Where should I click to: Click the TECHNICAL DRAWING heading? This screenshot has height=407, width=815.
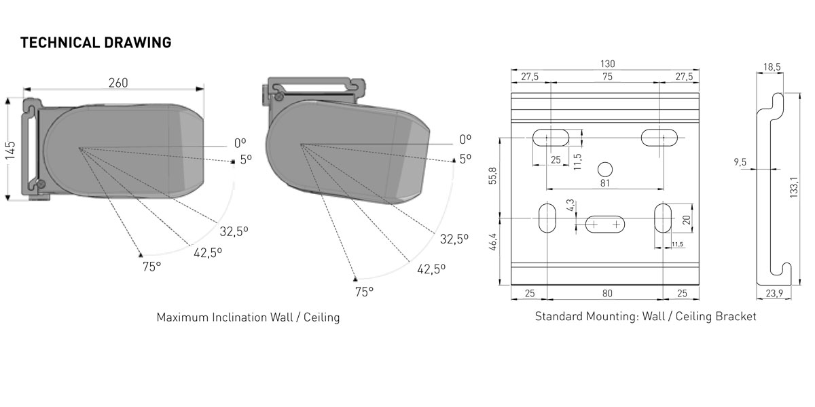click(96, 43)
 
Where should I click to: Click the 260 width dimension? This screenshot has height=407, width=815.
click(118, 83)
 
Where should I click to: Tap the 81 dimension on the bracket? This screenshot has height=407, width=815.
click(605, 183)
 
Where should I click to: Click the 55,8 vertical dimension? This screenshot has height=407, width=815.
click(493, 176)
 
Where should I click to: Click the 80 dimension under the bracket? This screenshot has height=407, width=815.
click(607, 294)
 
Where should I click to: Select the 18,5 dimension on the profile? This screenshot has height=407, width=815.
click(772, 66)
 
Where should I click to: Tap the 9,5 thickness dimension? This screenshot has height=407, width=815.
click(740, 162)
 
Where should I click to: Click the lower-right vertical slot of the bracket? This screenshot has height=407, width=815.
click(662, 218)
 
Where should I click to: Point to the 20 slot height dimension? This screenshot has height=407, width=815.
click(686, 219)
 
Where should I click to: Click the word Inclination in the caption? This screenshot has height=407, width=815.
click(241, 317)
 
